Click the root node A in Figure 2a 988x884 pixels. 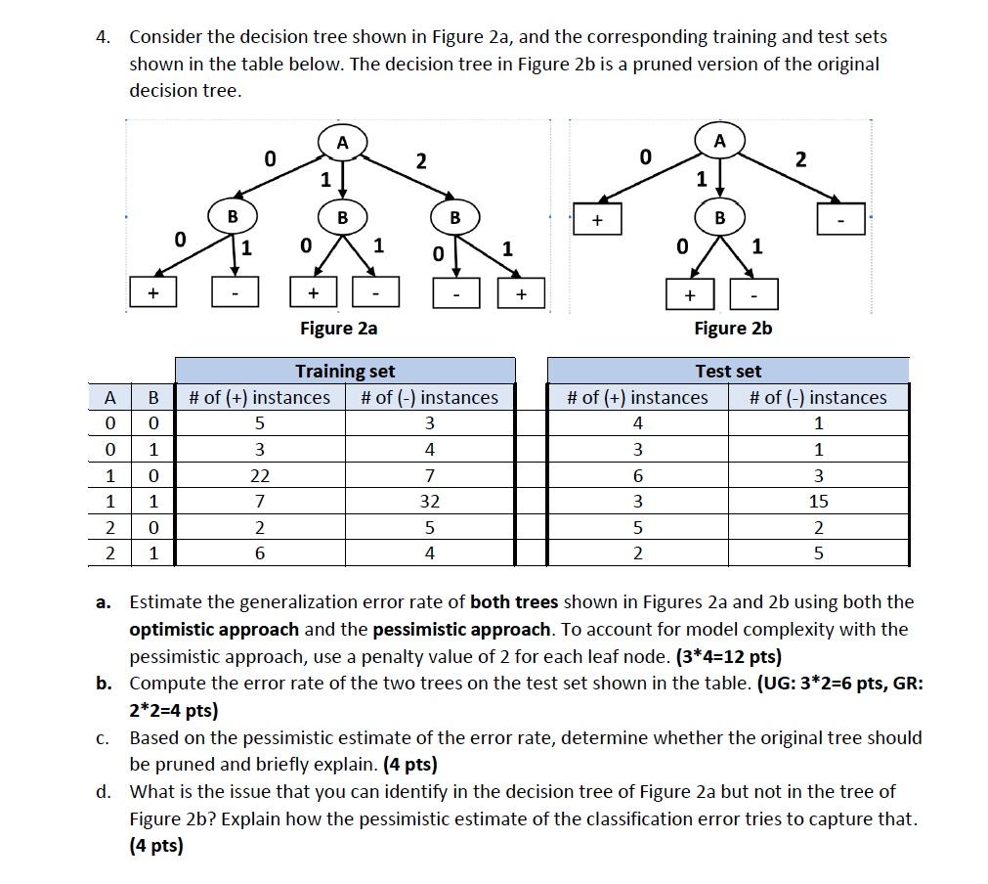(x=342, y=143)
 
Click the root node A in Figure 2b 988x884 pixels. (x=719, y=142)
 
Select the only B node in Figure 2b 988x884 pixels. (x=719, y=217)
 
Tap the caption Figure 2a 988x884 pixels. (x=338, y=329)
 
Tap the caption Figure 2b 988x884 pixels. (x=733, y=329)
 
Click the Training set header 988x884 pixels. (x=345, y=372)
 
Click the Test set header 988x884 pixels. (x=728, y=372)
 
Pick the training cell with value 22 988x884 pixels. (x=260, y=476)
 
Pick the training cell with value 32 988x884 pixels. (x=429, y=502)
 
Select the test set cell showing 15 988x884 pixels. (x=818, y=502)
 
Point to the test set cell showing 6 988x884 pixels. (x=638, y=476)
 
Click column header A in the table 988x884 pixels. (x=110, y=398)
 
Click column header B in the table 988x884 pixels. (x=152, y=398)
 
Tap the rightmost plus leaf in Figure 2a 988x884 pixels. (x=521, y=292)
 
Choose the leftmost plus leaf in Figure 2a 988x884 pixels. (x=152, y=292)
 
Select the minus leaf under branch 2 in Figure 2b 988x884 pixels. (x=839, y=218)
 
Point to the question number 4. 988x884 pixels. (x=102, y=37)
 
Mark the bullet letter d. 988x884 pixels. (x=103, y=791)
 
